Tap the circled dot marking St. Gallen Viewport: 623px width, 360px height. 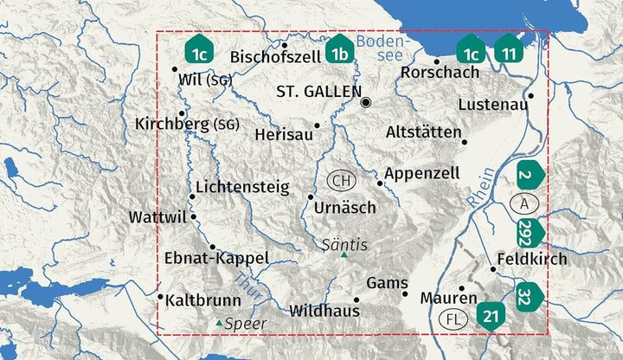366,102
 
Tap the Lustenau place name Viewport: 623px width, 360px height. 492,105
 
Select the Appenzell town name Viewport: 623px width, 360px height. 422,173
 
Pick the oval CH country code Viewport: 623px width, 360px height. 342,181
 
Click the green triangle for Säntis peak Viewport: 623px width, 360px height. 344,255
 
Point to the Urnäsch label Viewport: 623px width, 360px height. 345,209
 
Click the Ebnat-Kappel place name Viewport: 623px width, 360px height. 216,258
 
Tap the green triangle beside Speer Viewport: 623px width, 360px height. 219,323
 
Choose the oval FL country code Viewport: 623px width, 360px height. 454,318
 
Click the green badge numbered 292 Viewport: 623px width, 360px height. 529,232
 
